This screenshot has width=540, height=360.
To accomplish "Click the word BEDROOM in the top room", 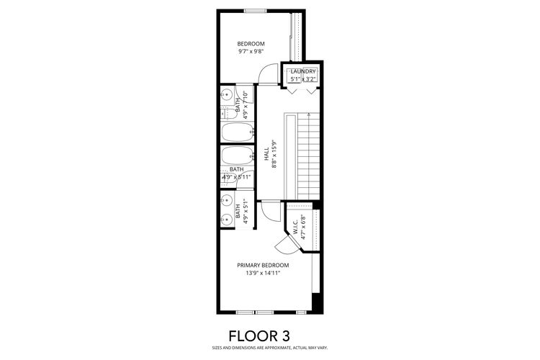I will (x=251, y=44).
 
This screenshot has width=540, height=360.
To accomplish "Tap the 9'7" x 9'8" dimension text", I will (x=251, y=52).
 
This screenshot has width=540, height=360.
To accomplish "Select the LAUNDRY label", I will (x=302, y=71).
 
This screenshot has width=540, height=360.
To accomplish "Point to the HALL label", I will (x=266, y=154).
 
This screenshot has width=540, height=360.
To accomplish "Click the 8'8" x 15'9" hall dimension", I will (x=274, y=154).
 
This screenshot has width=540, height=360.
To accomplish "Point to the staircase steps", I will (x=307, y=155).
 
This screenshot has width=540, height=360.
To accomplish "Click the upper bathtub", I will (x=237, y=132).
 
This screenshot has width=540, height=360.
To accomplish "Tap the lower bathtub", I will (x=237, y=156).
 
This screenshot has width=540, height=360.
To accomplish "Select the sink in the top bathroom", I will (x=226, y=94).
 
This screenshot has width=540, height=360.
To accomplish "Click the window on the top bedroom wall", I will (x=256, y=10).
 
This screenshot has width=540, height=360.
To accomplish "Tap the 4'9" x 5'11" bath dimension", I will (x=237, y=176).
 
